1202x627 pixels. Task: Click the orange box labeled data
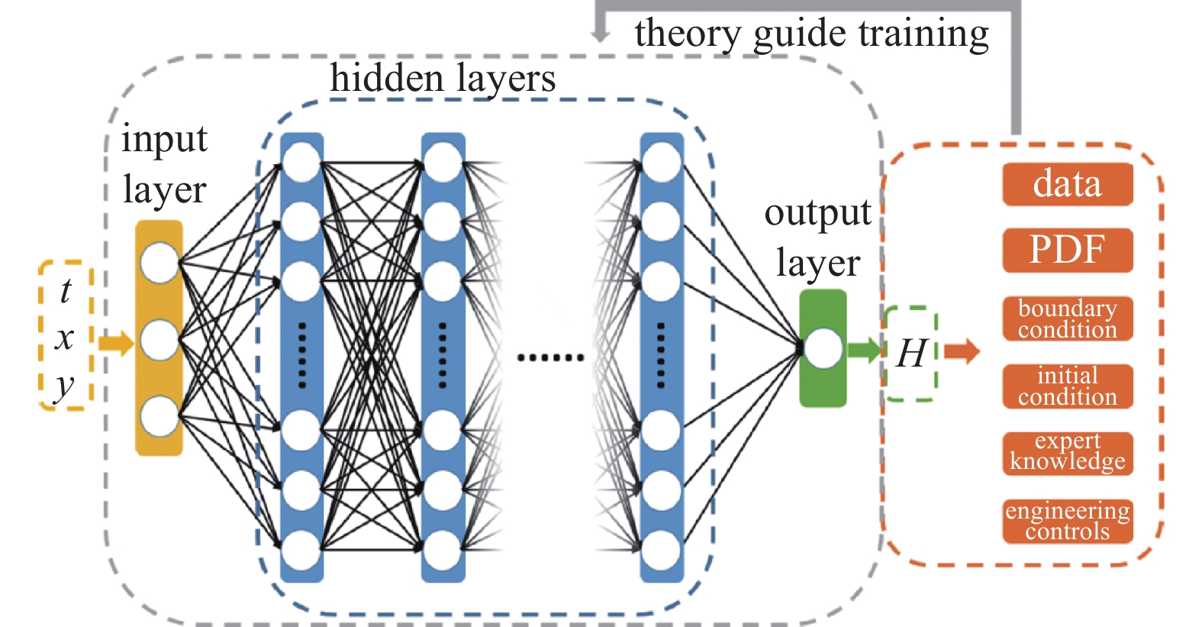1067,184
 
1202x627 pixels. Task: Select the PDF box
1067,250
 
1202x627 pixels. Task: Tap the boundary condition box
1067,318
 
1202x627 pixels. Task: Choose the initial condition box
1067,386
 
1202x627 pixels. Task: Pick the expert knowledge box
1067,453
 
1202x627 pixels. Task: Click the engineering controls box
1067,521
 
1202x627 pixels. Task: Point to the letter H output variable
911,354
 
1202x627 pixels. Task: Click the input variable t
66,291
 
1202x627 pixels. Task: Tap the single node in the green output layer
823,348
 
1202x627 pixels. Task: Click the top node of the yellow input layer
160,263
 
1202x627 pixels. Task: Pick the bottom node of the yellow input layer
160,416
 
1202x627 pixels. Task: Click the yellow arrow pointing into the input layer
115,343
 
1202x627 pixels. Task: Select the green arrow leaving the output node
865,350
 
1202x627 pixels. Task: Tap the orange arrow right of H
962,351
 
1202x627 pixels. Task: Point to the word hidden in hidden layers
386,79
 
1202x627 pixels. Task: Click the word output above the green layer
817,213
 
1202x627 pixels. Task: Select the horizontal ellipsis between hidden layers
550,357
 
